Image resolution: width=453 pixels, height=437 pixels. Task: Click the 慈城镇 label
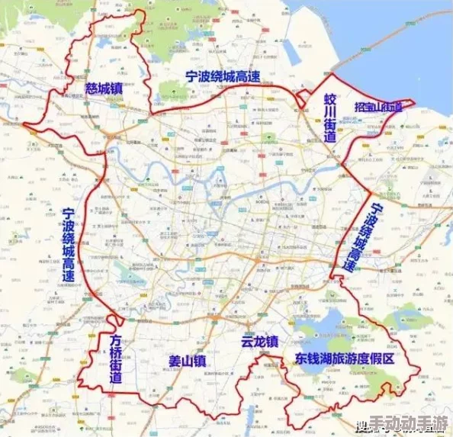(104, 88)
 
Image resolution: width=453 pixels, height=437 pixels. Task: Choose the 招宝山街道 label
(378, 108)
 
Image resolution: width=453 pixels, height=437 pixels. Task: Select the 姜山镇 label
(188, 361)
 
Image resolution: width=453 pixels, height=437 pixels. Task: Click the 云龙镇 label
(259, 342)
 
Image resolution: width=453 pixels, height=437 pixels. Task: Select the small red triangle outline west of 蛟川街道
(304, 97)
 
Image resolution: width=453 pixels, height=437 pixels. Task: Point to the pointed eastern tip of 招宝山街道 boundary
(414, 101)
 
